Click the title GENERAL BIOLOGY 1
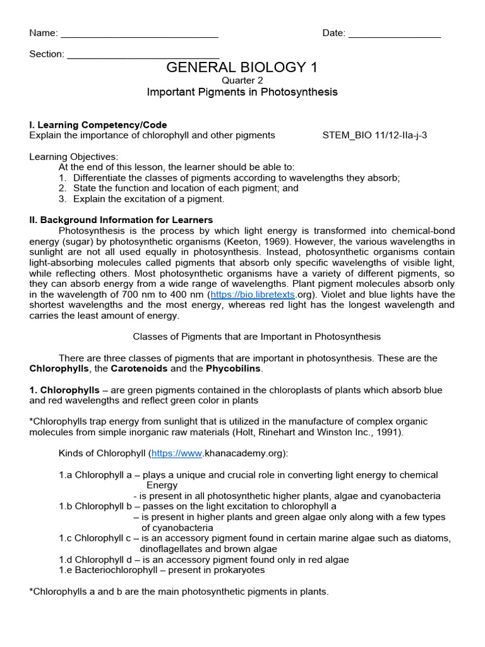(x=242, y=68)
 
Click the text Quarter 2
(x=242, y=80)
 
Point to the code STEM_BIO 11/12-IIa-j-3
(x=374, y=135)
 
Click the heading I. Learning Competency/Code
(x=98, y=125)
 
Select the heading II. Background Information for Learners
(x=121, y=220)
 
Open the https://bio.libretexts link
(x=253, y=294)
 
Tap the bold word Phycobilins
(x=234, y=368)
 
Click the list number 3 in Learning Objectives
(x=63, y=199)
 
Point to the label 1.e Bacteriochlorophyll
(x=107, y=570)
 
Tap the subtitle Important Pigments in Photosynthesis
(x=242, y=92)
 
